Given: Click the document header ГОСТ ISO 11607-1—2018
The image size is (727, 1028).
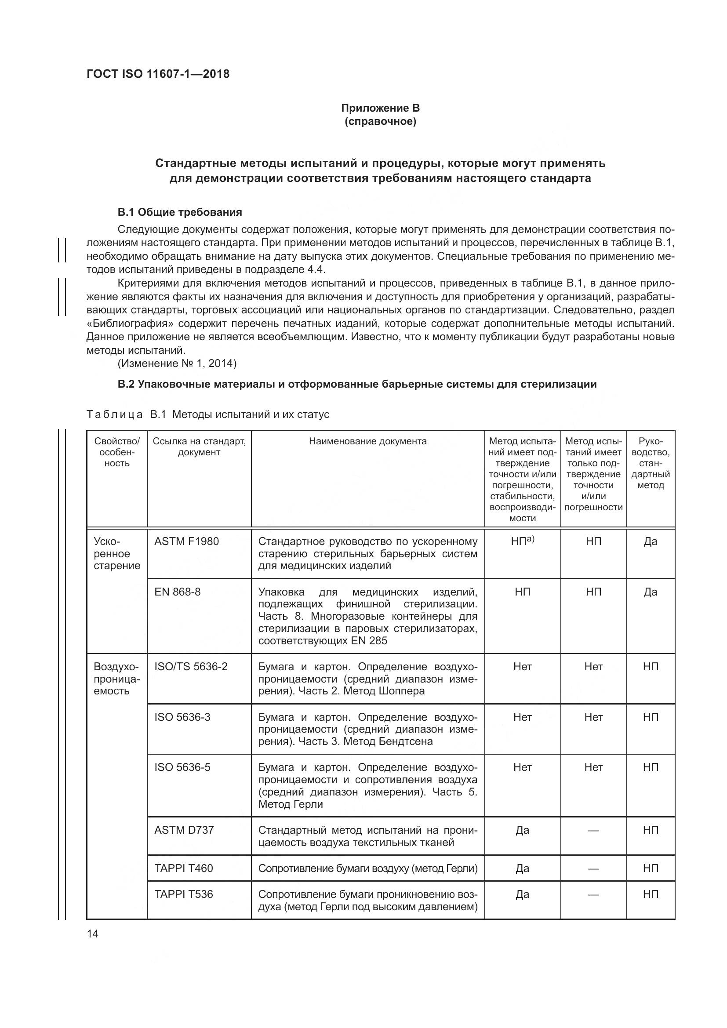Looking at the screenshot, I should pos(158,74).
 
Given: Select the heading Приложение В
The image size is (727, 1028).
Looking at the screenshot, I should pos(380,108).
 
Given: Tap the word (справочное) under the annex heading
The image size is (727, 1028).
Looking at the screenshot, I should pos(380,121).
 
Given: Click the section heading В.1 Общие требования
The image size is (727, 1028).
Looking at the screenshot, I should pos(179,212).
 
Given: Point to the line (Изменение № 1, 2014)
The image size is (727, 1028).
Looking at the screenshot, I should pos(177,363).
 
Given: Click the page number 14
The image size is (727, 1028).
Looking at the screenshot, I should pos(93,934).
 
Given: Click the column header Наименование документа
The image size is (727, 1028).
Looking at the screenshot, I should pos(367,441).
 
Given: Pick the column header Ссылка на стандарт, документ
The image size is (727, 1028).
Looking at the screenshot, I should pos(199,447).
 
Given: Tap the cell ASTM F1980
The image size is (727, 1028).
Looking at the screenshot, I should pos(187,541).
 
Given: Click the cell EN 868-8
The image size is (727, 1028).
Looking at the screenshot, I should pos(177,592).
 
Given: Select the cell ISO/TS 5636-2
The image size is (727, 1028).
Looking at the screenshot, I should pos(191,667).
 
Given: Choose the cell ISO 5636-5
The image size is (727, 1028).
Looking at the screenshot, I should pos(182,767).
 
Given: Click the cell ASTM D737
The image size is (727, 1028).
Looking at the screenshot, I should pos(184,830).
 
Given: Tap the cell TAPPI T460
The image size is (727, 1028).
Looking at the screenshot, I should pos(184,868).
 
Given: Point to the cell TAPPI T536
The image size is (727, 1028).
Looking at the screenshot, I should pos(184,894).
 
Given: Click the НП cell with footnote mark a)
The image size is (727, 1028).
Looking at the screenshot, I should pos(523,541).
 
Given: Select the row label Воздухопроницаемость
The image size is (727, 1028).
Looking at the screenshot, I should pos(116,679).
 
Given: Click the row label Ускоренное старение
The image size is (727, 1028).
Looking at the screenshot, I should pos(116,553).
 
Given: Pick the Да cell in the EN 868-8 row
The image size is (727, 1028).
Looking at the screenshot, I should pos(650,592).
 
